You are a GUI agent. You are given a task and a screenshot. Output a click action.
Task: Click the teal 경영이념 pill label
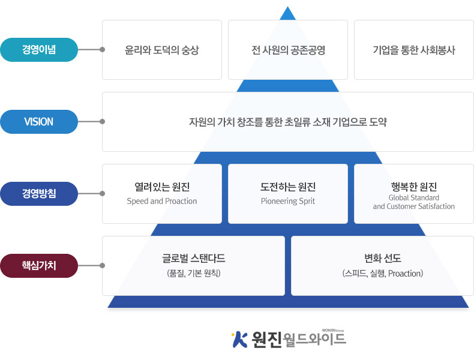coord(39,50)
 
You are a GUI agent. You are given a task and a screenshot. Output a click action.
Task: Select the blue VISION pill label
coord(39,122)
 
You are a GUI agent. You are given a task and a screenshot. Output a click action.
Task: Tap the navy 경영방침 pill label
coord(39,193)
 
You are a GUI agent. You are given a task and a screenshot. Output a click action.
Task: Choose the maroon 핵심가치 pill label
coord(39,265)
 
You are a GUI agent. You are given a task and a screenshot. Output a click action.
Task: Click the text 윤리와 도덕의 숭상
coord(162,50)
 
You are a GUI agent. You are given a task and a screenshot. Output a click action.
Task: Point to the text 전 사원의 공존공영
coord(288,50)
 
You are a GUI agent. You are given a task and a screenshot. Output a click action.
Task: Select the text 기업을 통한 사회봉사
coord(414,50)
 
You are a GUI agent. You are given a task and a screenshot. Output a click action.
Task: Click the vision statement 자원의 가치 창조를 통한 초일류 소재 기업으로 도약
coord(288,122)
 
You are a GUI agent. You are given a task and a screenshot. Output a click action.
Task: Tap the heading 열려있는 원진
coord(162,187)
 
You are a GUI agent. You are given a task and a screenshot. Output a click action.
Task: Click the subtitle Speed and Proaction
coord(162,201)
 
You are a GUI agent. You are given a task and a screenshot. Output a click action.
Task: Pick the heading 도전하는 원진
coord(288,187)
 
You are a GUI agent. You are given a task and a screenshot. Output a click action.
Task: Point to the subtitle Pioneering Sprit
coord(288,201)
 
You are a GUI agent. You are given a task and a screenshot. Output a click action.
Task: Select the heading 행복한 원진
coord(414,187)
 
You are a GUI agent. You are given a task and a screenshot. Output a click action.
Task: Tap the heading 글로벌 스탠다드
coord(193,259)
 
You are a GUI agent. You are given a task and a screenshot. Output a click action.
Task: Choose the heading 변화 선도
coord(383,259)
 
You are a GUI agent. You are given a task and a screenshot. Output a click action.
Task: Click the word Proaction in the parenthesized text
coord(404,273)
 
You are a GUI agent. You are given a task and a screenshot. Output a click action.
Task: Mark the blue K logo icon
coord(240,340)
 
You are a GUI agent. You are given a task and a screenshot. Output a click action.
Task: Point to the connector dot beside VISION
coord(103,122)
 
